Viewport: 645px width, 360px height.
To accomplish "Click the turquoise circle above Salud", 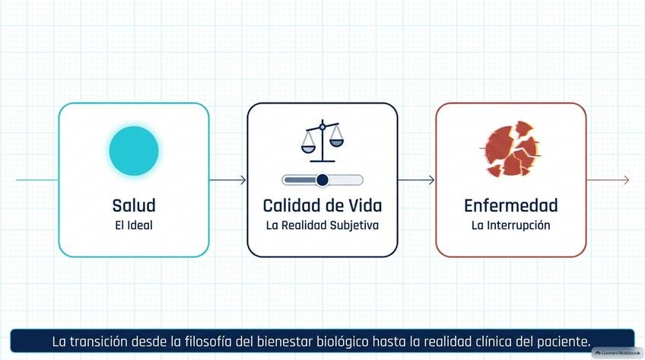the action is click(134, 151).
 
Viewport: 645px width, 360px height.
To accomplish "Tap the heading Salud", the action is click(134, 205).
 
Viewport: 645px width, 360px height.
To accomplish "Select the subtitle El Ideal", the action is click(134, 225).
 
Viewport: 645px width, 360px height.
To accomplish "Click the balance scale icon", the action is click(322, 141).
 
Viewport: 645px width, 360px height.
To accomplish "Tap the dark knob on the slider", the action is click(322, 180).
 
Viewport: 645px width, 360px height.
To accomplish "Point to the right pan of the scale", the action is click(336, 142).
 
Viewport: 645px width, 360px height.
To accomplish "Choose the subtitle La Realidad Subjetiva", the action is click(322, 225).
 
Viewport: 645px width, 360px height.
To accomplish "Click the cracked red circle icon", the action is click(511, 148).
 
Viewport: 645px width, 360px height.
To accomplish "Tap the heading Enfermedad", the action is click(511, 205).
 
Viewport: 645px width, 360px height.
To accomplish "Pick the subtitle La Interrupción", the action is click(511, 225).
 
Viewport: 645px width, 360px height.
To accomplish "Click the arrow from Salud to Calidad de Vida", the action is click(227, 180).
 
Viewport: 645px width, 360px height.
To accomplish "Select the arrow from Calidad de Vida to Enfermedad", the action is click(416, 180).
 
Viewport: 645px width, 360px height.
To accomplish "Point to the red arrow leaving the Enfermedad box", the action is click(608, 180).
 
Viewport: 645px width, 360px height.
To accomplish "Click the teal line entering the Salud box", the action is click(37, 180).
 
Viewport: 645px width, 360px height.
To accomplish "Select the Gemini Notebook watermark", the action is click(618, 353).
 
